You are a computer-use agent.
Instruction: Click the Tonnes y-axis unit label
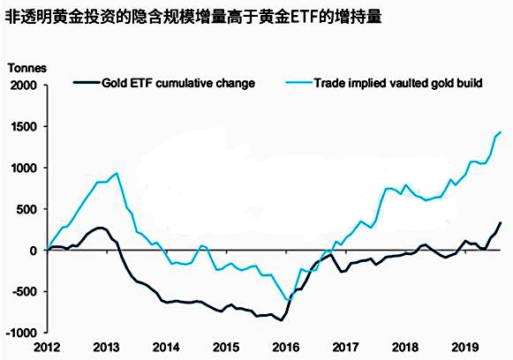26,68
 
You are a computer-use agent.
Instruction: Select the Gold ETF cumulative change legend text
178,83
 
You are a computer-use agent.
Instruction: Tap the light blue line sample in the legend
297,83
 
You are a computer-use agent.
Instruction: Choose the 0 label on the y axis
36,251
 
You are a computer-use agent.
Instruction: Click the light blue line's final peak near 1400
500,132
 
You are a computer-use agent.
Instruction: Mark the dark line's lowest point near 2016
282,320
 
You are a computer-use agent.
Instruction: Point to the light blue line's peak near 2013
118,173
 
